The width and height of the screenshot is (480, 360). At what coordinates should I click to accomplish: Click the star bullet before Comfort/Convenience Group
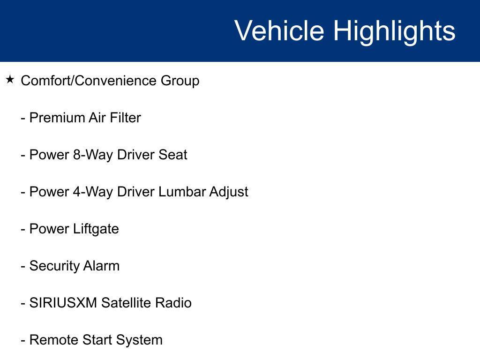click(10, 80)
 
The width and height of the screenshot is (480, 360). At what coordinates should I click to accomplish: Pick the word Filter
click(125, 118)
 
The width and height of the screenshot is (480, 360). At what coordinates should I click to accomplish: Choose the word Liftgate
click(96, 229)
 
